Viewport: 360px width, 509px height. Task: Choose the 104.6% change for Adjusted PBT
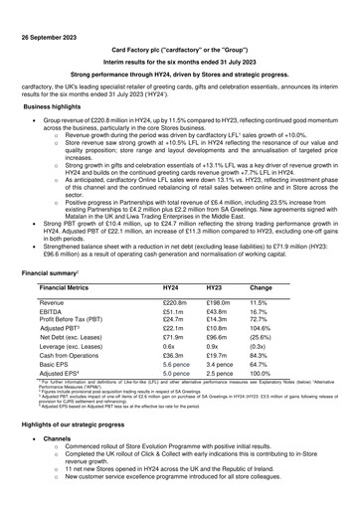click(263, 332)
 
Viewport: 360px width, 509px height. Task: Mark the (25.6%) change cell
click(263, 344)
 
